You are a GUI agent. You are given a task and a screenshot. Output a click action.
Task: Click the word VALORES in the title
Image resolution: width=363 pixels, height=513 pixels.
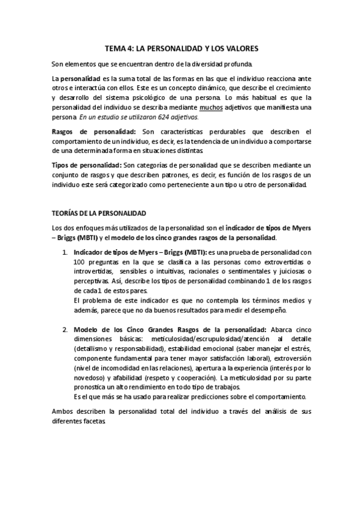click(241, 48)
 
